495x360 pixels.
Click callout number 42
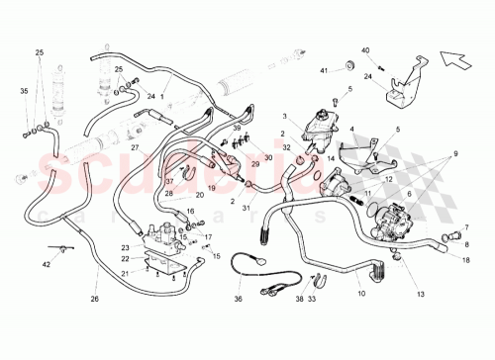click(46, 264)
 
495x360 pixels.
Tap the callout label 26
click(95, 298)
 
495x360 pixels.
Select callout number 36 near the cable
click(237, 298)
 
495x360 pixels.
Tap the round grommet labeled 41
click(349, 65)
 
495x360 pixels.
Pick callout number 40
click(365, 49)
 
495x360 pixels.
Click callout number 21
click(126, 272)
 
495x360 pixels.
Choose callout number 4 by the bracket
click(350, 129)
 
